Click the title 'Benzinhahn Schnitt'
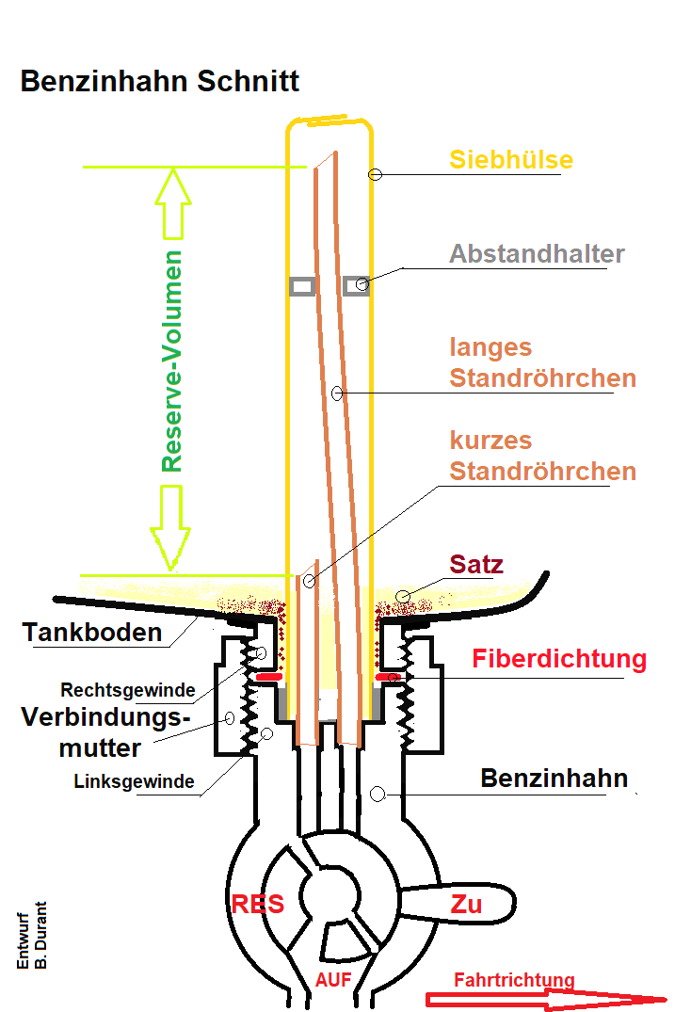[160, 82]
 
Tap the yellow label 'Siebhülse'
[511, 159]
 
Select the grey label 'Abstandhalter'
[537, 253]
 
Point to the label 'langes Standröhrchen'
[542, 362]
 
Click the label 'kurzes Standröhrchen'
[542, 456]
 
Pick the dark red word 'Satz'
[476, 564]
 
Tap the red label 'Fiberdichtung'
[559, 659]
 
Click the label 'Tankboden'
[92, 633]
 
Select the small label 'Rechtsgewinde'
[128, 690]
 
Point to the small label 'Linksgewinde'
[135, 781]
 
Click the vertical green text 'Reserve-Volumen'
[171, 361]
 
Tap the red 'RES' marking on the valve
[258, 905]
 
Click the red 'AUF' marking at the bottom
[333, 980]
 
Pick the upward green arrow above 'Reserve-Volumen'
[173, 203]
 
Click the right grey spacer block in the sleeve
[356, 284]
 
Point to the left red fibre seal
[269, 677]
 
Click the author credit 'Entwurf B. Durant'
[32, 935]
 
